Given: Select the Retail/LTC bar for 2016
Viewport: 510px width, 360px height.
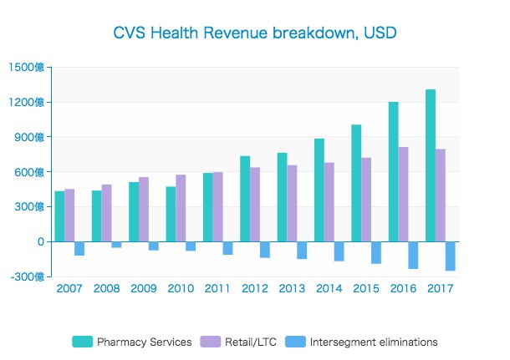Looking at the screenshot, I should [403, 195].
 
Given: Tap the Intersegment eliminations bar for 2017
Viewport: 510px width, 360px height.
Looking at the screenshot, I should [450, 256].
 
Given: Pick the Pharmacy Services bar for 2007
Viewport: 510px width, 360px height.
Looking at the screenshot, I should [59, 216].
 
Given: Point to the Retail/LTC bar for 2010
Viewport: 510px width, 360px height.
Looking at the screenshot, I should [181, 208].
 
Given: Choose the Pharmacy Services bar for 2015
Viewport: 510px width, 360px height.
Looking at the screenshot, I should [356, 183].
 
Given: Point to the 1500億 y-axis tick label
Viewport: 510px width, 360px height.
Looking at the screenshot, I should [28, 68].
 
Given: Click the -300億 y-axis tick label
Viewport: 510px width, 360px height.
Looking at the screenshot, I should [28, 276].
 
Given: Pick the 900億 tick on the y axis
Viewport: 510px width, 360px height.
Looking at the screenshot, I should [30, 137].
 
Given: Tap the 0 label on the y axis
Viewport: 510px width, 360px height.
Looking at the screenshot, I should [40, 241].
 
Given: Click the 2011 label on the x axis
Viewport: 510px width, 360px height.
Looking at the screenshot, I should [217, 288].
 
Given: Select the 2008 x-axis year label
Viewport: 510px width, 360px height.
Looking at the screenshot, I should [106, 288].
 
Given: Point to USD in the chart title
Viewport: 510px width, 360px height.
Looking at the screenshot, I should [380, 34].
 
